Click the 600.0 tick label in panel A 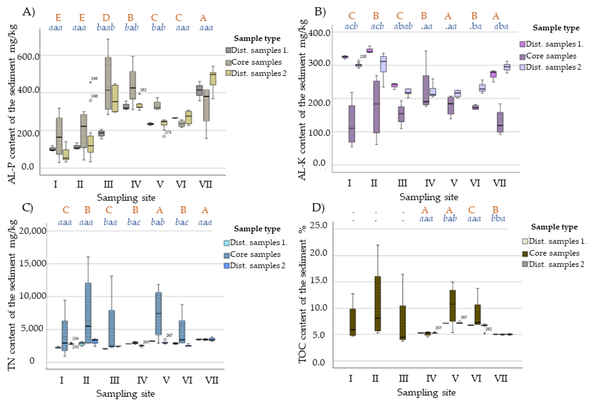tap(28, 56)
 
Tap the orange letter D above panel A tap(106, 18)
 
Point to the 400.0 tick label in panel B tap(319, 33)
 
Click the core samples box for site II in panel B tap(376, 107)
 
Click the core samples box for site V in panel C tap(158, 313)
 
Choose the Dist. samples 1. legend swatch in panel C tap(227, 243)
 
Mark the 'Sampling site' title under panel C tap(125, 394)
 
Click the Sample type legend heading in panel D tap(554, 227)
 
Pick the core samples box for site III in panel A tap(108, 83)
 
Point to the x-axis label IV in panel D tap(431, 379)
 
